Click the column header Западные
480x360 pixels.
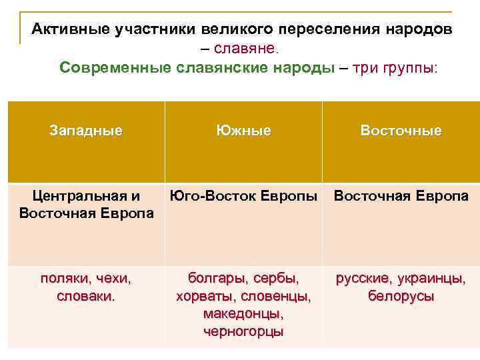tap(86, 131)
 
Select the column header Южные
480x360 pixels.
tap(243, 131)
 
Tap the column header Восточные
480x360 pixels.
tap(401, 131)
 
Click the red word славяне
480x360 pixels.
tap(248, 49)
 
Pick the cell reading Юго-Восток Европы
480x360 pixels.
tap(243, 196)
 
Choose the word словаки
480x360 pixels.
tap(86, 296)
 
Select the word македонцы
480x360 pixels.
tap(243, 313)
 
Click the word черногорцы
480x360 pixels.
tap(243, 331)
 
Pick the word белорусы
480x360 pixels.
tap(401, 296)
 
